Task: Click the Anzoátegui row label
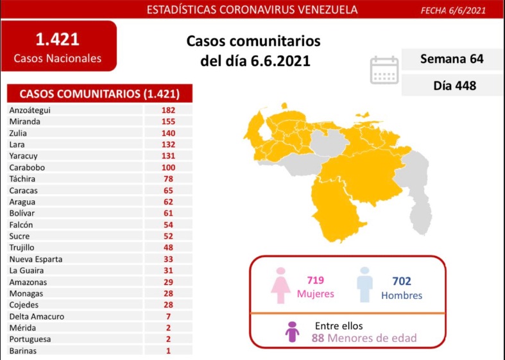click(30, 110)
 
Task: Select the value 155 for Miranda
click(169, 121)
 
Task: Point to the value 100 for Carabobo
click(169, 167)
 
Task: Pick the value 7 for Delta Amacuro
click(169, 316)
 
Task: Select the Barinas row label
click(24, 351)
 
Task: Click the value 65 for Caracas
click(169, 191)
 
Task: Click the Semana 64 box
click(452, 60)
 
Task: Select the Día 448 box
click(452, 84)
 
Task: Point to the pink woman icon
click(280, 285)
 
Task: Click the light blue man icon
click(364, 284)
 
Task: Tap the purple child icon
click(292, 332)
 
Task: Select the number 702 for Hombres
click(401, 281)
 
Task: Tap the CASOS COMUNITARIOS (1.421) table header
click(99, 94)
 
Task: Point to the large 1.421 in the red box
click(58, 40)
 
